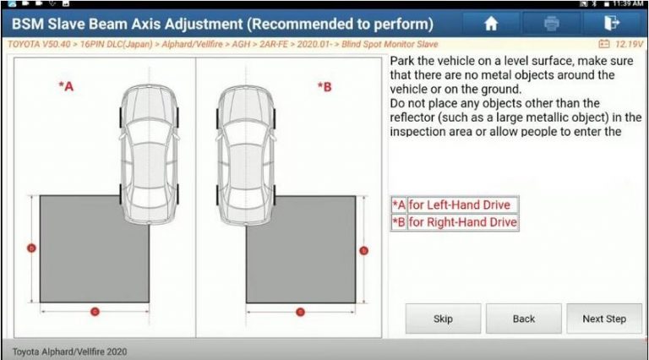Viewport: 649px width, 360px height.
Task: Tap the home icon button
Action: (490, 24)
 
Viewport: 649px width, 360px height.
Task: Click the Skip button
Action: (443, 319)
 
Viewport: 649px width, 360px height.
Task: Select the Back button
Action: (523, 319)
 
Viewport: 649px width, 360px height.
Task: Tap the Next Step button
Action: (603, 319)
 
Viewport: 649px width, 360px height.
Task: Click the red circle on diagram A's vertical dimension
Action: (31, 248)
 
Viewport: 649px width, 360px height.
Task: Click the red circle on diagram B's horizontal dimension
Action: (300, 312)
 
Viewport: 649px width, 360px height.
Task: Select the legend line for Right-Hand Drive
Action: (454, 223)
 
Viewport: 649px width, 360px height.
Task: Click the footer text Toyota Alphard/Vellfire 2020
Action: (69, 351)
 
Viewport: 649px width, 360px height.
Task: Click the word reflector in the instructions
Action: (416, 117)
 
